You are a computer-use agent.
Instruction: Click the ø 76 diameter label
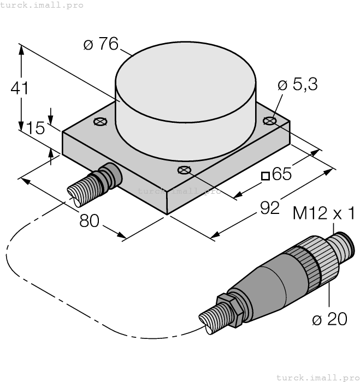pos(101,45)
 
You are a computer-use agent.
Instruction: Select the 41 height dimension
pos(20,88)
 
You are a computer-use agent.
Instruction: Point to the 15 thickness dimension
pos(36,129)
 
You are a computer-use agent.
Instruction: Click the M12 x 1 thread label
pos(324,213)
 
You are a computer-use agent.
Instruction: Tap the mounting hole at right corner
pos(269,120)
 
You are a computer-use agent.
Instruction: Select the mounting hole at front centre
pos(184,169)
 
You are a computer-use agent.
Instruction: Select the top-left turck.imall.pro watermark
pos(42,5)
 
